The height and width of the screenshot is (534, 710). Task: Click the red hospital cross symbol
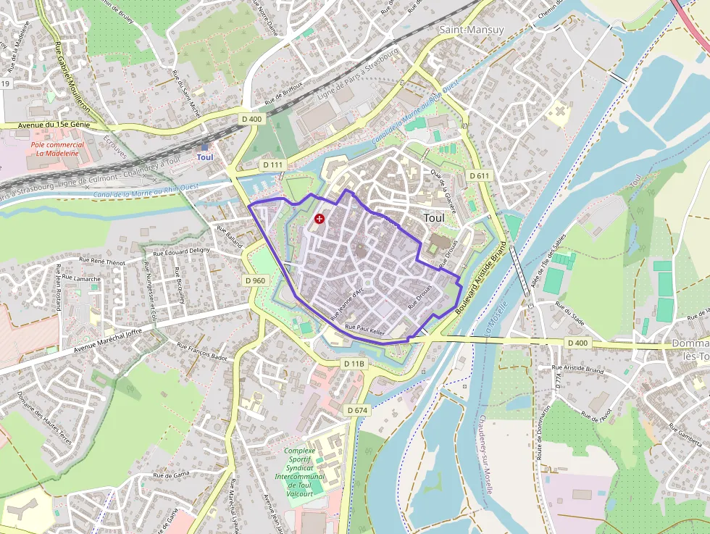coord(319,218)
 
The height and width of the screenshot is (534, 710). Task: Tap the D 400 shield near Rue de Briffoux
coord(251,119)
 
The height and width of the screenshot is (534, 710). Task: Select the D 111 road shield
coord(273,165)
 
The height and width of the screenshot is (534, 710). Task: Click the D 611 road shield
coord(480,176)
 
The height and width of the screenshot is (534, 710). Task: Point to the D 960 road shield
coord(255,280)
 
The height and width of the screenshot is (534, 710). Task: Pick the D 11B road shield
coord(354,363)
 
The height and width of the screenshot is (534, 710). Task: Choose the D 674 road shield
coord(358,410)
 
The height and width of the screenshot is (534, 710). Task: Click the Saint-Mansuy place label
coord(472,30)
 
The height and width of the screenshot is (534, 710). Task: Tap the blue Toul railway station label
coord(205,157)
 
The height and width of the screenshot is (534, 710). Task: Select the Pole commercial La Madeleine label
coord(57,149)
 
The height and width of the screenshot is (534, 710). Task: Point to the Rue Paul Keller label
coord(364,330)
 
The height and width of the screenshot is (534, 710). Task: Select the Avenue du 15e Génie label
coord(54,125)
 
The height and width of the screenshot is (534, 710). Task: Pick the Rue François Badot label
coord(202,352)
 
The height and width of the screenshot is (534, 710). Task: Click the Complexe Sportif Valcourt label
coord(300,472)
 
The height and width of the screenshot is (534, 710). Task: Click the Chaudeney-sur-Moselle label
coord(485,454)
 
